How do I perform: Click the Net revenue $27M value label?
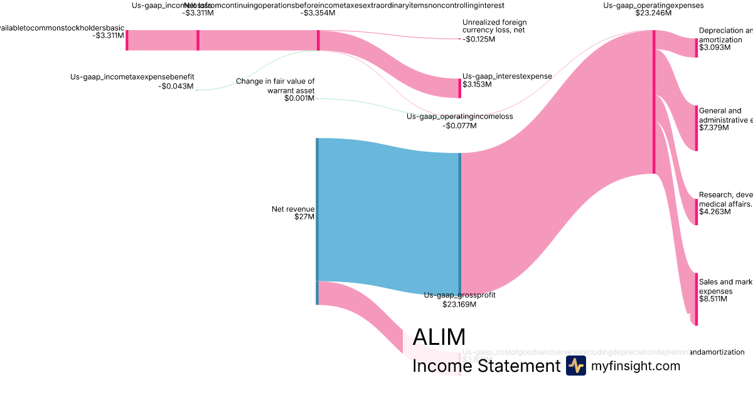pos(304,217)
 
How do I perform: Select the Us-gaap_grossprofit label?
pos(459,295)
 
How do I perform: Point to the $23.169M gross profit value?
pos(459,305)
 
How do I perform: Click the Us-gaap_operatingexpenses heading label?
pos(653,5)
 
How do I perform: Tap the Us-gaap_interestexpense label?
pos(507,76)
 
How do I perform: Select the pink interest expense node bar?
pos(459,88)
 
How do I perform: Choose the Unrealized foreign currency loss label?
pos(494,26)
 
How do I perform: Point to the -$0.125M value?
pos(479,39)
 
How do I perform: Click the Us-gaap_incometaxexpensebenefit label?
pos(132,78)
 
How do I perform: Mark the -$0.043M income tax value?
pos(176,87)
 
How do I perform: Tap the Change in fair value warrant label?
pos(275,86)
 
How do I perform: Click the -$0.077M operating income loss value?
pos(459,125)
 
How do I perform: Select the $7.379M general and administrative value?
pos(714,128)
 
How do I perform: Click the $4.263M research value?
pos(714,212)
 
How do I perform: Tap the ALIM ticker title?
pos(439,337)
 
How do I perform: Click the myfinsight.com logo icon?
pos(575,366)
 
